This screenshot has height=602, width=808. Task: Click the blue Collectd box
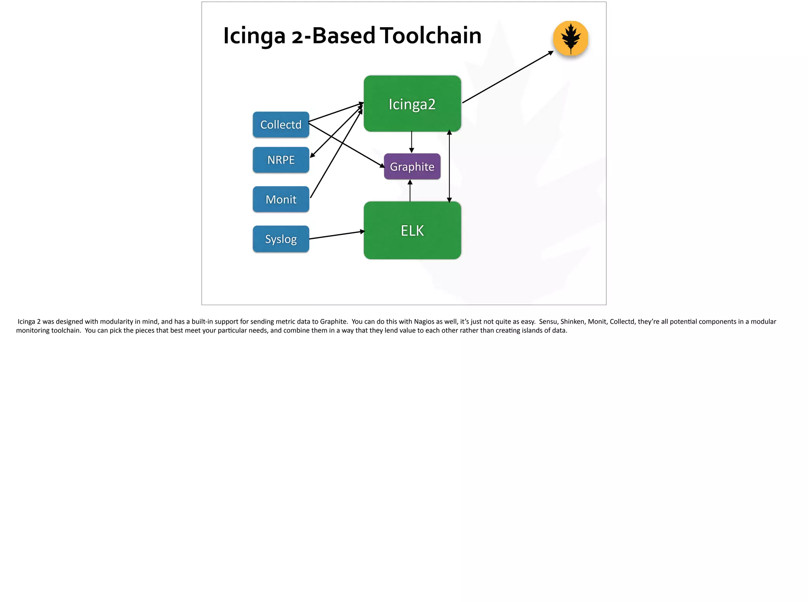[281, 125]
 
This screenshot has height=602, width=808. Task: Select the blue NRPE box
[281, 160]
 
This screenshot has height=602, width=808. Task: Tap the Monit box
[281, 199]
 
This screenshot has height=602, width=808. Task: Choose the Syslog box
[281, 239]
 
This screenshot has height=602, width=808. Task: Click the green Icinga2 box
[412, 104]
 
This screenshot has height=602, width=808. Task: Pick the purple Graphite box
[412, 166]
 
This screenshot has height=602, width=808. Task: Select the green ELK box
[412, 230]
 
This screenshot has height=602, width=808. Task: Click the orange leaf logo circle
[570, 38]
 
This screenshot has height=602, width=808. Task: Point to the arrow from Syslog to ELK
[337, 235]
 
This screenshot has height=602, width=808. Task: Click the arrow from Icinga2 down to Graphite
[411, 142]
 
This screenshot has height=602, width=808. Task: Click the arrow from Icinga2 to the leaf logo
[508, 77]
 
